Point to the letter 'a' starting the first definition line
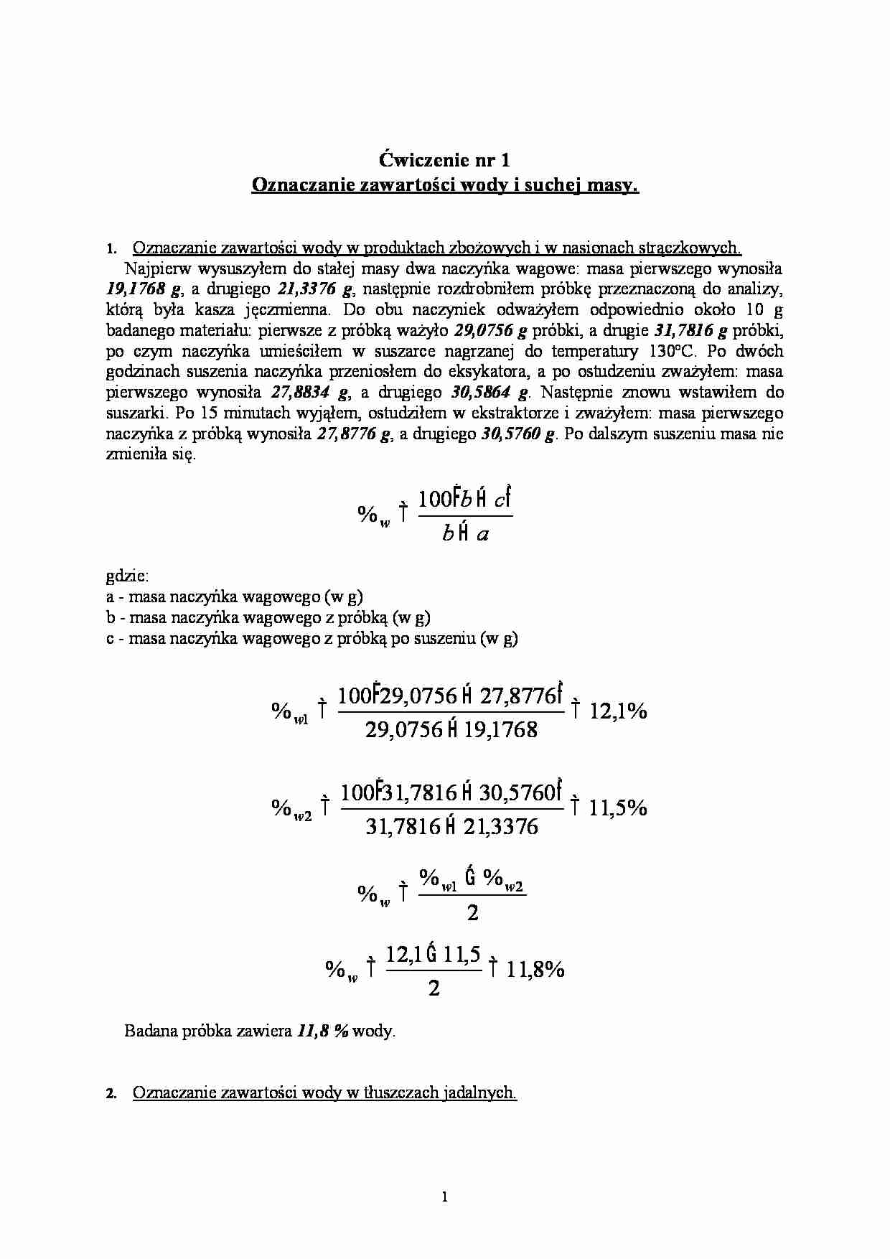[110, 597]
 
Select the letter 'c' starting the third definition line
[110, 638]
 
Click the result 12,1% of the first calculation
[618, 711]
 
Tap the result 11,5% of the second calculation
[618, 808]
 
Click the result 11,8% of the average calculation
[535, 970]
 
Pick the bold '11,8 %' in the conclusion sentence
[322, 1031]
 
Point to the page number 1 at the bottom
[445, 1197]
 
